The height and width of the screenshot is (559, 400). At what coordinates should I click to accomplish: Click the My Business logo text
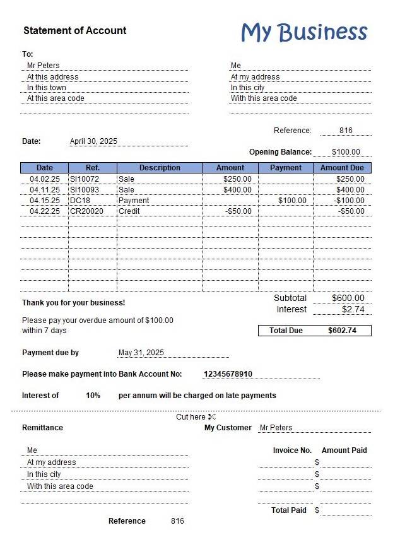(304, 32)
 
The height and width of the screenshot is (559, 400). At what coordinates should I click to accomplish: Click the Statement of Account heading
(74, 30)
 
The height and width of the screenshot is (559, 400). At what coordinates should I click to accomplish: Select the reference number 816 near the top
(346, 131)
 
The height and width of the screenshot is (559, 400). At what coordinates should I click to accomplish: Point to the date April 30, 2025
(93, 141)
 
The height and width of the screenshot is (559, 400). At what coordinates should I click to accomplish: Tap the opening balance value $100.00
(346, 152)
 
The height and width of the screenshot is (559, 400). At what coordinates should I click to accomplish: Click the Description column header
(160, 168)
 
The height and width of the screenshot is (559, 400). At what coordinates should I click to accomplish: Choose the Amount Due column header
(342, 168)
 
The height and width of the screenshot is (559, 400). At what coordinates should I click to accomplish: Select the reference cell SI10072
(85, 179)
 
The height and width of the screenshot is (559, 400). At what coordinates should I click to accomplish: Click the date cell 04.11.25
(45, 190)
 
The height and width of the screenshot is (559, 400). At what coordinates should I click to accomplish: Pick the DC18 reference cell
(80, 201)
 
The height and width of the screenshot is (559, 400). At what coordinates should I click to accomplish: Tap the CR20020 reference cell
(86, 211)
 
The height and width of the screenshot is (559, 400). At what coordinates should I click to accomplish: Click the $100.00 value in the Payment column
(292, 201)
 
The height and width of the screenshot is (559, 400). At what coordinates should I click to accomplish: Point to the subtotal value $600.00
(348, 298)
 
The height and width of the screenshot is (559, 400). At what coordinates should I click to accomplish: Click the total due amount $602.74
(342, 331)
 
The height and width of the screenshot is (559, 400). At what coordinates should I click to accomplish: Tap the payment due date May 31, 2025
(141, 353)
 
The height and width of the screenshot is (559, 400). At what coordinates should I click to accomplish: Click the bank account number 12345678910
(228, 374)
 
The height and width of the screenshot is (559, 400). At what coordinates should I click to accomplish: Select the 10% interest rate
(93, 396)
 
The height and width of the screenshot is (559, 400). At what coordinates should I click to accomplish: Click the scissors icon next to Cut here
(212, 417)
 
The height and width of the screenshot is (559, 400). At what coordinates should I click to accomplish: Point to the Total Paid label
(289, 510)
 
